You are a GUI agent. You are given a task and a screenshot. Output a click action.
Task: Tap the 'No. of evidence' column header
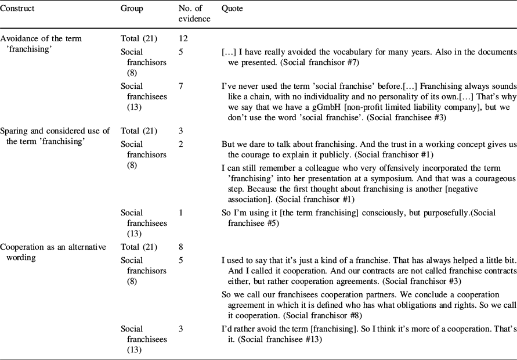coord(194,14)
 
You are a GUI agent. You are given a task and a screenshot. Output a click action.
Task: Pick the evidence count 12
coord(183,38)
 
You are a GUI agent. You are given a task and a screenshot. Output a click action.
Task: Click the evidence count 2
coord(181,144)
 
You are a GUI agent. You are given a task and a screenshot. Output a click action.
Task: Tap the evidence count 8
coord(181,247)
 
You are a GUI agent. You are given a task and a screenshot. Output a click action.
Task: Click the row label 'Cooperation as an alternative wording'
coord(53,251)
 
